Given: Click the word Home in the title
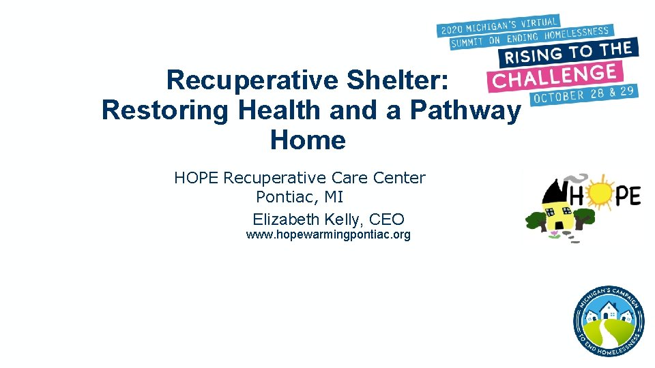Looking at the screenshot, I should (x=308, y=140).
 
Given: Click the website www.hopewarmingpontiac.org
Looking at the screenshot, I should (x=328, y=235).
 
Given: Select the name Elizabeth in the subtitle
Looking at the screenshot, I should (x=285, y=219).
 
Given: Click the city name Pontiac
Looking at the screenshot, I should (x=286, y=198).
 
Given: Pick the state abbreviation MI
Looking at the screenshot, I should (x=334, y=198).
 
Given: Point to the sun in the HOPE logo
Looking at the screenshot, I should (x=602, y=196).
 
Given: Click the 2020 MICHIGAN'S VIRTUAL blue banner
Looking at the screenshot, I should (x=499, y=26).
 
